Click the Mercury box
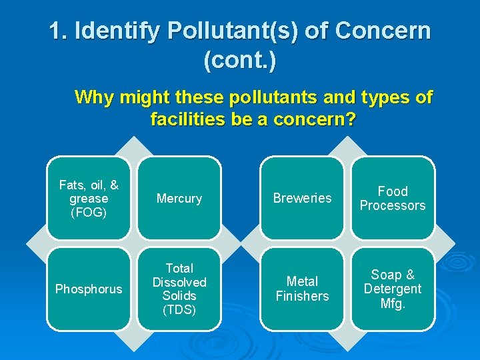[x=179, y=198]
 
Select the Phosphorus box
[x=89, y=289]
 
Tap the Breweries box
[x=302, y=198]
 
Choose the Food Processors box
[x=393, y=198]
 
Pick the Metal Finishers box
[x=302, y=289]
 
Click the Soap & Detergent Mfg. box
[x=393, y=289]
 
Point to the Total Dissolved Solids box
[x=179, y=289]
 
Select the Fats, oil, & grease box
[x=89, y=198]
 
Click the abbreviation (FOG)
[x=89, y=213]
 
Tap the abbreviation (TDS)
[x=179, y=309]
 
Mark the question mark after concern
[x=351, y=120]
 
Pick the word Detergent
[x=393, y=289]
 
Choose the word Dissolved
[x=179, y=282]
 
